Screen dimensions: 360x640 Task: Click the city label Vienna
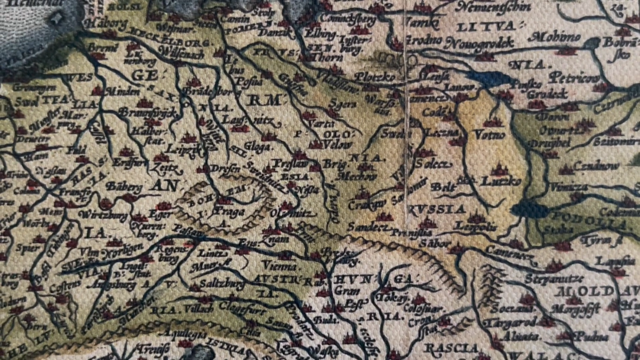coord(279,265)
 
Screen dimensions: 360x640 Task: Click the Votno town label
coord(490,135)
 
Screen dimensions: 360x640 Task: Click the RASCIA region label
coord(443,348)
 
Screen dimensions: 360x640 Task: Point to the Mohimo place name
coord(555,37)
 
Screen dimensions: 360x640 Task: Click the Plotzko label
coord(375,77)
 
